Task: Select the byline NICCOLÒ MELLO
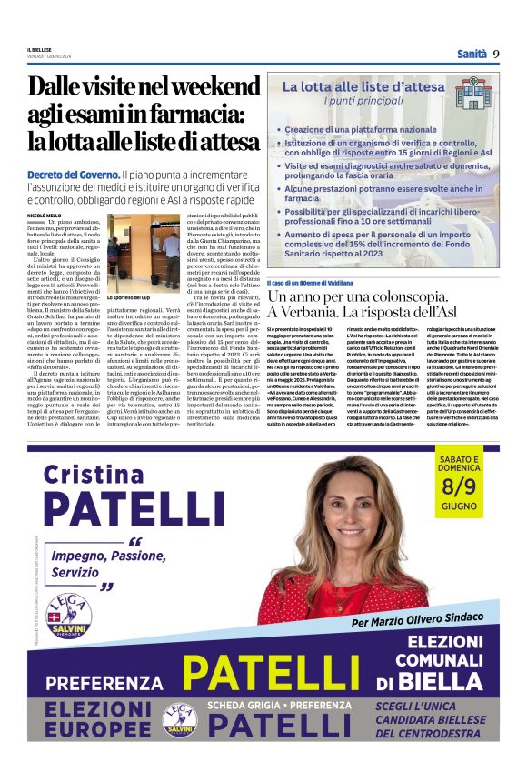click(x=44, y=215)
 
